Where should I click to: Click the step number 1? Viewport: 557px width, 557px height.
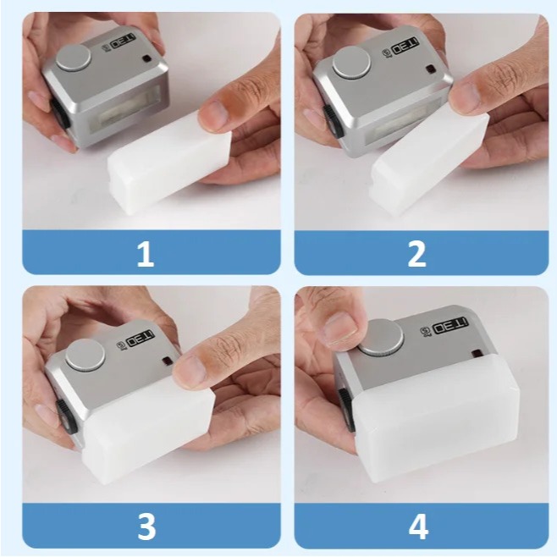click(146, 252)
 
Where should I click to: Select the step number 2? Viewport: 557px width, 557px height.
click(416, 252)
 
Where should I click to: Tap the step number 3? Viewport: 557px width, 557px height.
click(146, 526)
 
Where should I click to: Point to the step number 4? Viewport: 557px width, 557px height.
click(417, 526)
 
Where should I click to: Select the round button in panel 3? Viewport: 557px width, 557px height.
click(85, 355)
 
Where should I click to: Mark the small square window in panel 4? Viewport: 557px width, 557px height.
click(477, 352)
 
